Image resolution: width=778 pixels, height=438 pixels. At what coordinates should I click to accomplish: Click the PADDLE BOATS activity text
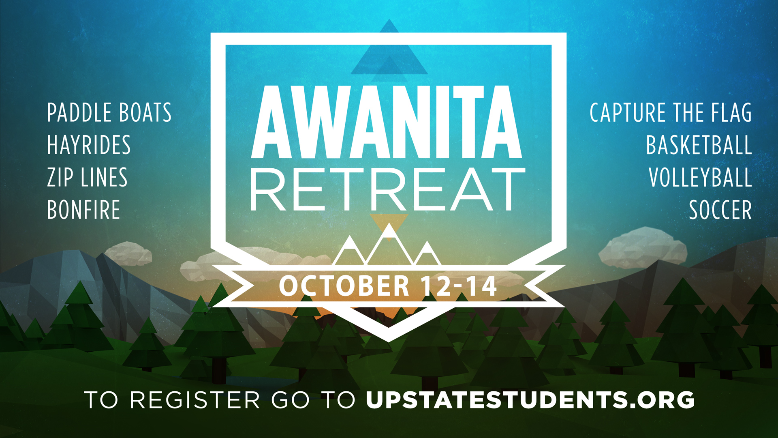click(109, 112)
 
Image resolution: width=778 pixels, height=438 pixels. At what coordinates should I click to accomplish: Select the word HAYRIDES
click(89, 145)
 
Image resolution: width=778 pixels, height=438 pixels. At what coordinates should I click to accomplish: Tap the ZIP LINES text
click(87, 177)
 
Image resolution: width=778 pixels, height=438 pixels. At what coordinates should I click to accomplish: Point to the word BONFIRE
click(83, 210)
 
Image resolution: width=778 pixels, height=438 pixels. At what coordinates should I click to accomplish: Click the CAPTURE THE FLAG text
click(671, 112)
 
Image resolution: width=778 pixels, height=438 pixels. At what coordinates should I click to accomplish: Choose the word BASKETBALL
click(699, 145)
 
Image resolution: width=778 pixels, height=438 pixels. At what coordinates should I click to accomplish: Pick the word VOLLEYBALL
click(700, 177)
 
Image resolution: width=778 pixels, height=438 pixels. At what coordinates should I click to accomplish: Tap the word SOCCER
click(720, 210)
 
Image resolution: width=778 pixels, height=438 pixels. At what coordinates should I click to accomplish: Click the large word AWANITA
click(387, 122)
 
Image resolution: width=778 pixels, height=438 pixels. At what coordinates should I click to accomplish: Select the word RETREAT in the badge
click(388, 190)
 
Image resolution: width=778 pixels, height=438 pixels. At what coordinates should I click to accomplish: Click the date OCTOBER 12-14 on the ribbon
click(388, 286)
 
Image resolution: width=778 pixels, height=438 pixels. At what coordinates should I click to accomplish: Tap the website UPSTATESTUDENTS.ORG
click(530, 400)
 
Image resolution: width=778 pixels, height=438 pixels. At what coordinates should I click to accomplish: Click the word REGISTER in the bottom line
click(195, 400)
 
